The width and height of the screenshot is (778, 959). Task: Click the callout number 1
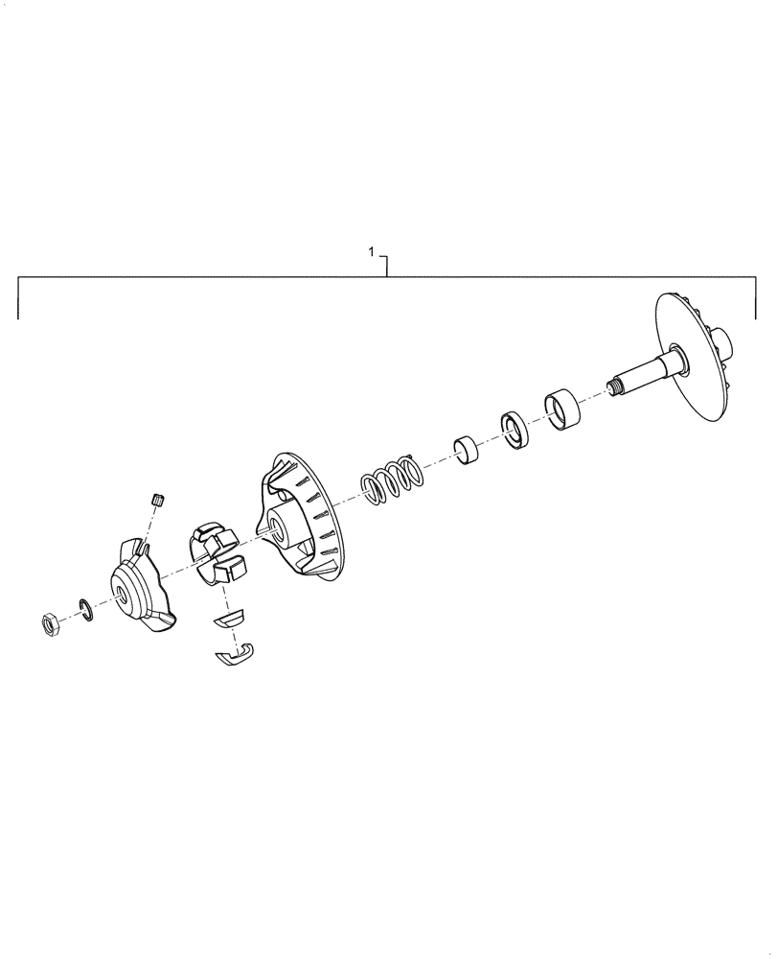372,252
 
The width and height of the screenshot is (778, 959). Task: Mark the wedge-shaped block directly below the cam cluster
230,618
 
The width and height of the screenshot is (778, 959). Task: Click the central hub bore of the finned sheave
277,524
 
